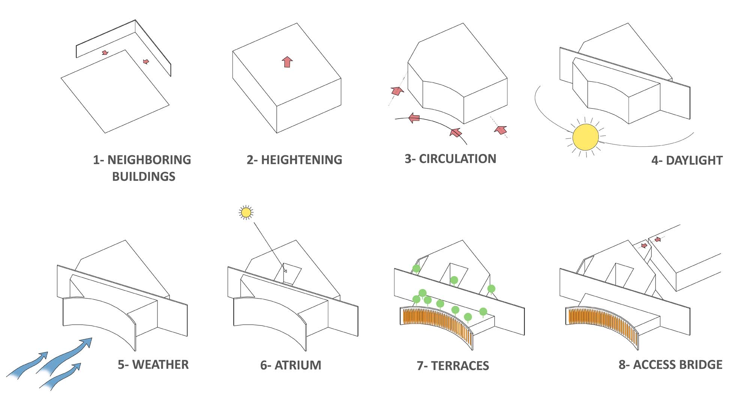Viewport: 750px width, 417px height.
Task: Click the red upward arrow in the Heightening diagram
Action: tap(287, 62)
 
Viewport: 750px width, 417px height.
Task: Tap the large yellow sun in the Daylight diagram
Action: tap(586, 137)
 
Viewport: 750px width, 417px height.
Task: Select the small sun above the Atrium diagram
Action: tap(246, 213)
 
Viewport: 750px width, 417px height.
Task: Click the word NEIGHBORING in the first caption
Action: tap(149, 160)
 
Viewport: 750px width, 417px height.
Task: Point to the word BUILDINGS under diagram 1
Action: tap(144, 176)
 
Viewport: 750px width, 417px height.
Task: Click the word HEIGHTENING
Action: tap(301, 160)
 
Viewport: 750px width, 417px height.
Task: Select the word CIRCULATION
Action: tap(457, 159)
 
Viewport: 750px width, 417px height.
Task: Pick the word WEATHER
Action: tap(160, 364)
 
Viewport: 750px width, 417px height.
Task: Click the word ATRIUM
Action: tap(298, 365)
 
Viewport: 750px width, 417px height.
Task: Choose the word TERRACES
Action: tap(460, 366)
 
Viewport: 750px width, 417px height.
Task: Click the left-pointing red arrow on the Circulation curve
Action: tap(414, 118)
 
